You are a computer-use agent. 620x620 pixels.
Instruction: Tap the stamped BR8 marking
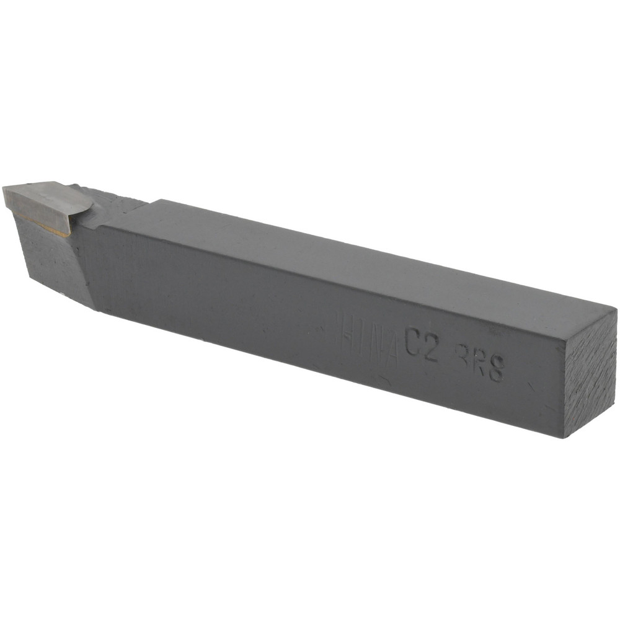point(479,361)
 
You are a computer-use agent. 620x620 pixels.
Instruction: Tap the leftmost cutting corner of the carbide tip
point(5,189)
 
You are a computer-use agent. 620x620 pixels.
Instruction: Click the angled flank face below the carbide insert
point(53,260)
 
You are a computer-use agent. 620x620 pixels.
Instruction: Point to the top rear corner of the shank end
point(614,310)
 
